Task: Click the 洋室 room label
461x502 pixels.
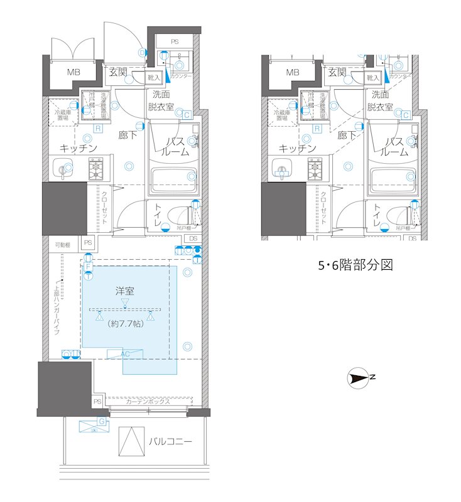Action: point(126,291)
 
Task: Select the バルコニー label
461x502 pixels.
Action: point(170,441)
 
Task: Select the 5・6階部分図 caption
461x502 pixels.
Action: point(354,265)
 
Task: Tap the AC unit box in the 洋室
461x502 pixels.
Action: point(125,355)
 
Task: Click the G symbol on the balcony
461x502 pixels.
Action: point(102,421)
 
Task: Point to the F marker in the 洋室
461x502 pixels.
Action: point(89,267)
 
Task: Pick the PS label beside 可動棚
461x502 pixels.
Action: point(88,243)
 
